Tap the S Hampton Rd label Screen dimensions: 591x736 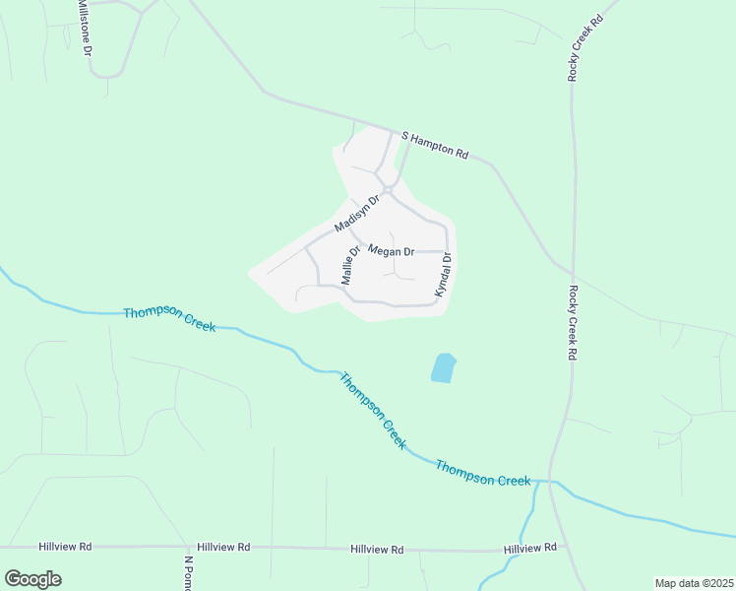click(434, 144)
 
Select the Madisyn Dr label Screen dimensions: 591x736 click(356, 213)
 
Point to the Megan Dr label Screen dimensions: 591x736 click(391, 251)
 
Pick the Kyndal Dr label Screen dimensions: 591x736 click(443, 276)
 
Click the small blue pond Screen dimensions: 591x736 click(443, 368)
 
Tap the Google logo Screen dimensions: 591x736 click(32, 578)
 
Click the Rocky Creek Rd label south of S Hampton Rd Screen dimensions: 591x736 click(572, 323)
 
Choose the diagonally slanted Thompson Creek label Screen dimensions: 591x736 click(372, 411)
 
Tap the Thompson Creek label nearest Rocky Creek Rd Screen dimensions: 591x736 click(483, 473)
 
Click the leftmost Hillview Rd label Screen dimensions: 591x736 click(65, 546)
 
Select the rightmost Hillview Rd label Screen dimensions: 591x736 click(529, 547)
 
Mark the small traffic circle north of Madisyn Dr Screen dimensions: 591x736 click(388, 188)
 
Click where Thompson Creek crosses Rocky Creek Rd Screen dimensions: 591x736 click(553, 482)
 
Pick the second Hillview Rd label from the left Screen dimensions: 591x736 click(223, 547)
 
